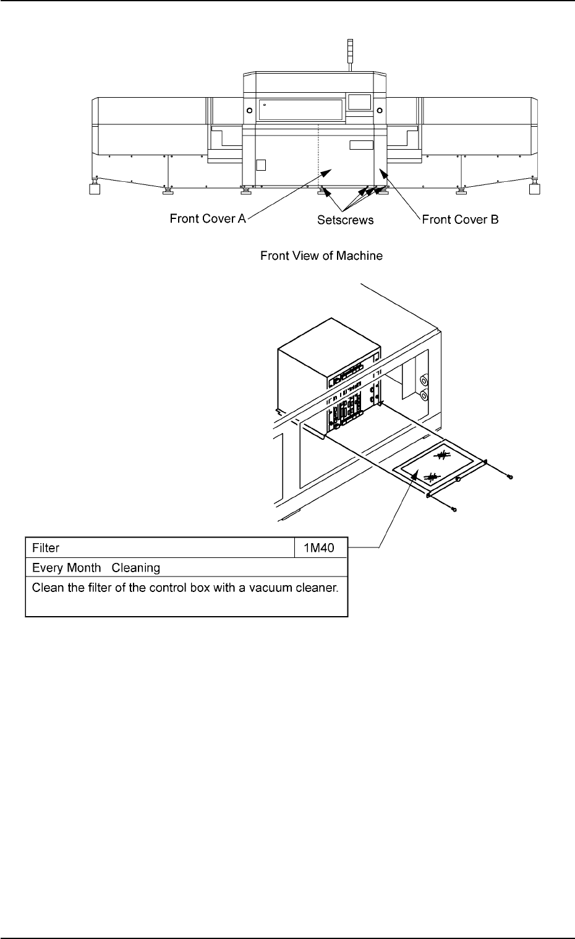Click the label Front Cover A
coord(208,219)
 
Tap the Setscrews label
coord(346,220)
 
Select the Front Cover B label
coord(460,219)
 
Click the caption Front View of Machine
coord(322,255)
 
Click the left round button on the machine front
coord(249,110)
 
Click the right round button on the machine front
coord(380,110)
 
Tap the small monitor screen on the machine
coord(359,102)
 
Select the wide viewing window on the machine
coord(300,109)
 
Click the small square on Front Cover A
coord(261,165)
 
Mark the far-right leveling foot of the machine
coord(535,189)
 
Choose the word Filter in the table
coord(46,548)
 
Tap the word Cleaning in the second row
coord(136,567)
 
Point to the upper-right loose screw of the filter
coord(509,477)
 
